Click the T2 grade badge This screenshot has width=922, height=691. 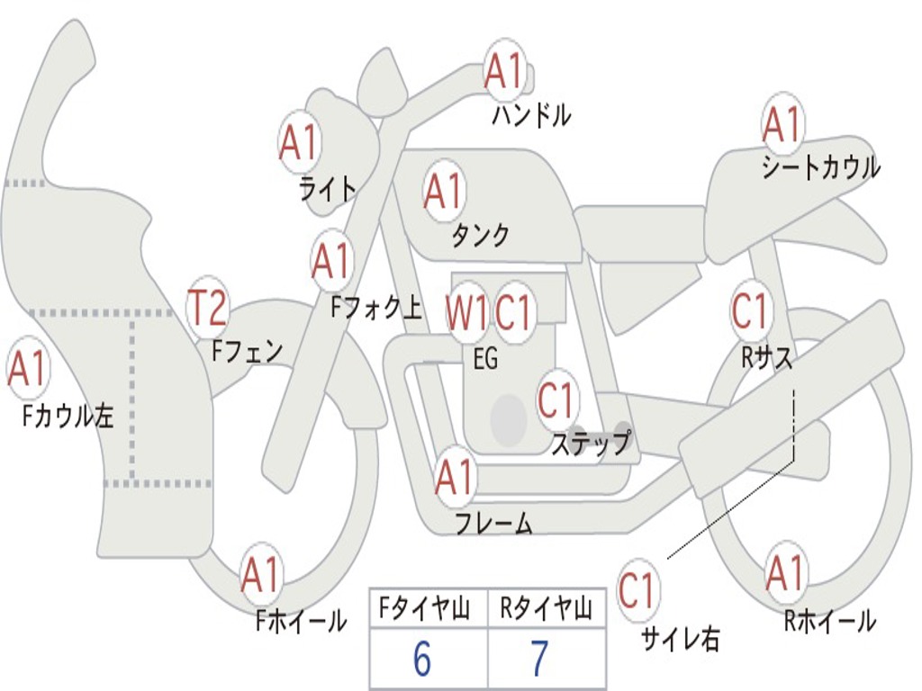coord(208,309)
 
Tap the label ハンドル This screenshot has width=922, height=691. coord(531,116)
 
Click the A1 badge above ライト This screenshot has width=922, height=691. coord(300,142)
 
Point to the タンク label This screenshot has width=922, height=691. coord(480,236)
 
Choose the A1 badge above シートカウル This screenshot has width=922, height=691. coord(782,125)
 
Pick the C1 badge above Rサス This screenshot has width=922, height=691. coord(750,311)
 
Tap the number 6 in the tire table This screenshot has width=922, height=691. coord(422,660)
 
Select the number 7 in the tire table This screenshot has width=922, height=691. coord(539,660)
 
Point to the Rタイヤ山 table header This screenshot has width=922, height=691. coord(547,611)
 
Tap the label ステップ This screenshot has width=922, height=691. coord(591,444)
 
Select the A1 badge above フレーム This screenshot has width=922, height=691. coord(455,478)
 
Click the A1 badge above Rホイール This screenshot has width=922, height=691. coord(785,573)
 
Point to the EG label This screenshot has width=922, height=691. coord(484,360)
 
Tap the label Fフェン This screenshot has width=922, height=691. coord(248,350)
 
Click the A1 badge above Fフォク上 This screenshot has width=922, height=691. coord(332,262)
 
